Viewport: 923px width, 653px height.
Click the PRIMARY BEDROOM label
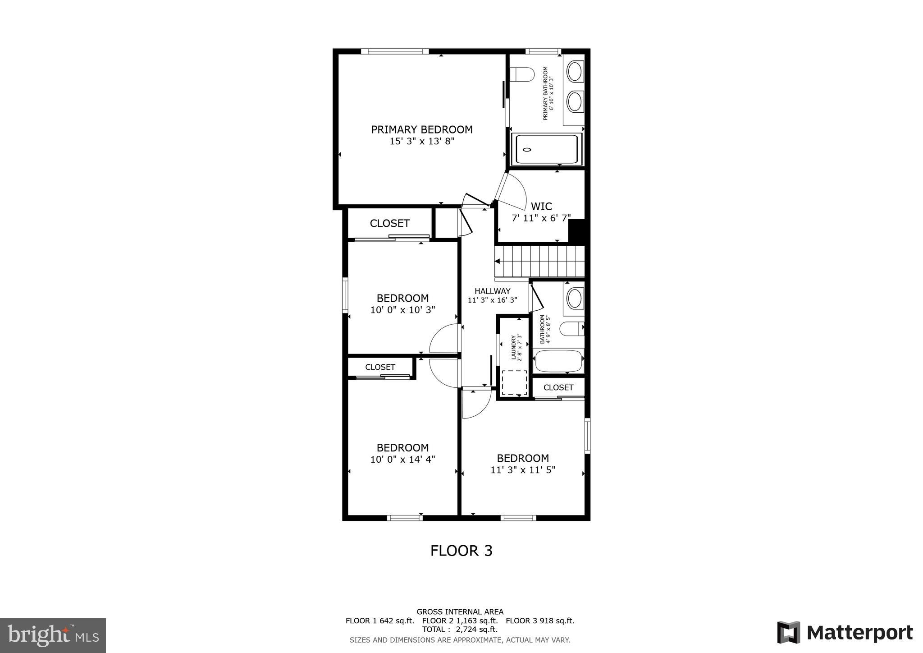[x=421, y=130]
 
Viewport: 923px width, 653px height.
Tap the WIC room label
[x=541, y=207]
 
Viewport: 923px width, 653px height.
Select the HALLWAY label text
[x=492, y=291]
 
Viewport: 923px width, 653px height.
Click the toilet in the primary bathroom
[x=522, y=74]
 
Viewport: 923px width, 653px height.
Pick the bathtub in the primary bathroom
[x=546, y=149]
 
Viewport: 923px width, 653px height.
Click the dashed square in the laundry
[x=514, y=383]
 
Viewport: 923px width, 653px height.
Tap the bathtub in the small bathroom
[x=558, y=361]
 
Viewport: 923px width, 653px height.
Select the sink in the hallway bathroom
[x=574, y=298]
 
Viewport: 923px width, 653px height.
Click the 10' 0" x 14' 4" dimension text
[x=402, y=460]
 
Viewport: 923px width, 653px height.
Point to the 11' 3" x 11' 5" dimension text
[x=523, y=470]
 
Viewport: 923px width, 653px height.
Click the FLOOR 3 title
[x=461, y=551]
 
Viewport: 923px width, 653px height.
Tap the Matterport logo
[x=845, y=633]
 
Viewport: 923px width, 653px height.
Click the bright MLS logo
[x=53, y=636]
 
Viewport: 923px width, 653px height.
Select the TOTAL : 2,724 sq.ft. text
[x=460, y=629]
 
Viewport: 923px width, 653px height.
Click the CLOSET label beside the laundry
[x=558, y=387]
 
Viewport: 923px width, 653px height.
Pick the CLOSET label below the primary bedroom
[x=389, y=223]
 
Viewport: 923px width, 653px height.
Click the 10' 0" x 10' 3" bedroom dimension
[x=402, y=310]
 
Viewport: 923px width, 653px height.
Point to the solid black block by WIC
[x=576, y=231]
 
